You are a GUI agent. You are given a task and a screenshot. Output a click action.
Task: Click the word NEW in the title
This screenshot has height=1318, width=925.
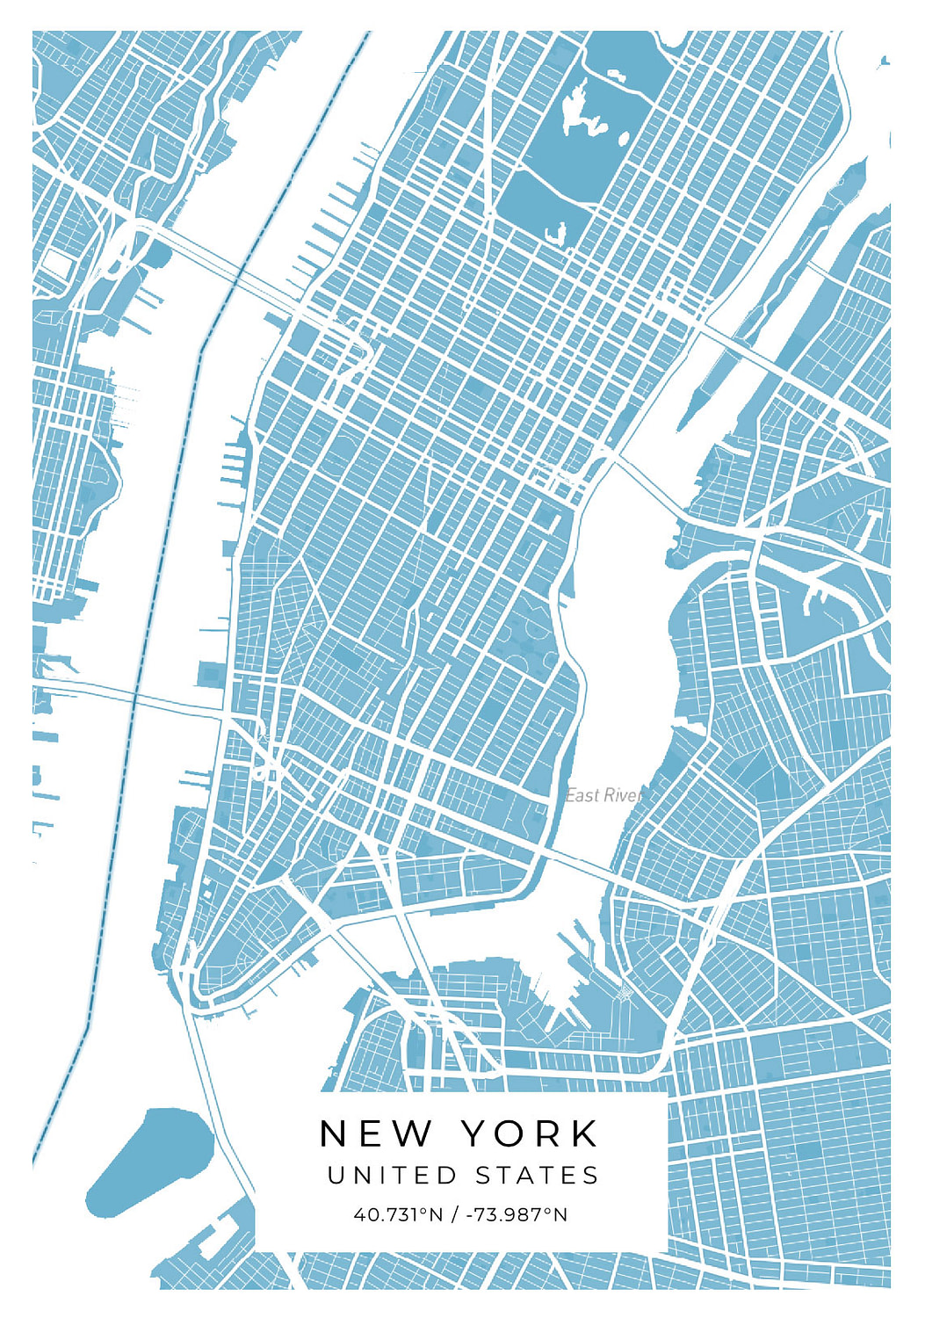coord(375,1133)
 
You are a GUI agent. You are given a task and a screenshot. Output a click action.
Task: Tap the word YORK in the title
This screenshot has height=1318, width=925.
coord(530,1133)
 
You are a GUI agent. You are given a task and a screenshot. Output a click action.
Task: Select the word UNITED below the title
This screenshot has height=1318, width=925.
coord(392,1176)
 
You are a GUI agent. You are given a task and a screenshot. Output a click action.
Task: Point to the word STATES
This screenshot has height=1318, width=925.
coord(538,1176)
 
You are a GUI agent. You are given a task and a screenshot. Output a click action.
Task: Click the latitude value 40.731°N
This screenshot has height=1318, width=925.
coord(398,1215)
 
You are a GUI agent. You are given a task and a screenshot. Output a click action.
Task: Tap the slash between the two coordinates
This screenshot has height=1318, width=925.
coord(454,1215)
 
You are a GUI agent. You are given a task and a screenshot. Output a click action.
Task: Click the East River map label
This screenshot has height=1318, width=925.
coord(603,795)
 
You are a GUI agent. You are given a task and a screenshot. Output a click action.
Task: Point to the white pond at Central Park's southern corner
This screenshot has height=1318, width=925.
coord(556,234)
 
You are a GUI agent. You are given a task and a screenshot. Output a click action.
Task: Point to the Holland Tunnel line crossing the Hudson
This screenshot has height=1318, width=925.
coord(132,694)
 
